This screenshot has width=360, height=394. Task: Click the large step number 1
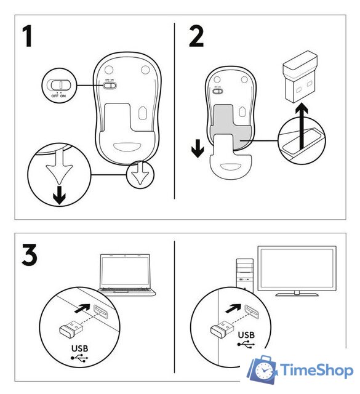pyautogui.click(x=27, y=36)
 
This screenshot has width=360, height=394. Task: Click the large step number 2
pyautogui.click(x=196, y=36)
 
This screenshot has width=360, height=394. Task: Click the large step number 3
pyautogui.click(x=30, y=254)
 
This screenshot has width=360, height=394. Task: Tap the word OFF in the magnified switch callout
pyautogui.click(x=55, y=96)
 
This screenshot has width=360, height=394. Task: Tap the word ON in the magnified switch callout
pyautogui.click(x=63, y=96)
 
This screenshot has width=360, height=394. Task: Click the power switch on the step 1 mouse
pyautogui.click(x=110, y=86)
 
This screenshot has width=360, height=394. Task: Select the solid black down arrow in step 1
pyautogui.click(x=60, y=195)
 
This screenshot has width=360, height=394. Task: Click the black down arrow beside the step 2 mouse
pyautogui.click(x=198, y=148)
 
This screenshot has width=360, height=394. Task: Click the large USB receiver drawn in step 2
pyautogui.click(x=300, y=76)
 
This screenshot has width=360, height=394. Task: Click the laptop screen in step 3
pyautogui.click(x=125, y=272)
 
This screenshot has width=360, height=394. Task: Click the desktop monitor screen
pyautogui.click(x=297, y=268)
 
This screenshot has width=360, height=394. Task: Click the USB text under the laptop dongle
pyautogui.click(x=79, y=348)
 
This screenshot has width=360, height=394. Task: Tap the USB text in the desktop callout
pyautogui.click(x=246, y=335)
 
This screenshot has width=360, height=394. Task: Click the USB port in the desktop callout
pyautogui.click(x=252, y=312)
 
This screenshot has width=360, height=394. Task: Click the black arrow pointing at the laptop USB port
pyautogui.click(x=82, y=308)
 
